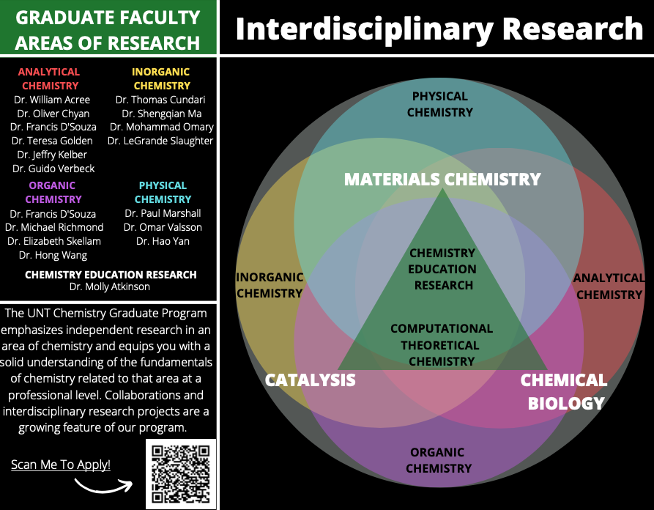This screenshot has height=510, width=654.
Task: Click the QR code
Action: [181, 473]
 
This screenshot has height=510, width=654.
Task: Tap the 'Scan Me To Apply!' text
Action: [61, 465]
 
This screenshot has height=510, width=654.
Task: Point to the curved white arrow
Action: [103, 485]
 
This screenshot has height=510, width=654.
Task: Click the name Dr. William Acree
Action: [52, 100]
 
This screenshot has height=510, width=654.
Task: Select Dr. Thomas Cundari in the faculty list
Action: [160, 100]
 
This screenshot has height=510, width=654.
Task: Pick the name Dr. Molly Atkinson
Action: [109, 287]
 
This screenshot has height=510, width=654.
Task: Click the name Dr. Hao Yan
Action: [163, 241]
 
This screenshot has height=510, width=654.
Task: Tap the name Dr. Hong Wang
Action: [53, 255]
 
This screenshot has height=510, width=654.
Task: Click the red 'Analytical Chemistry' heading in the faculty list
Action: [49, 78]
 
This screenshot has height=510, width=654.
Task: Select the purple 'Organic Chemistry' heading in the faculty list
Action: [53, 192]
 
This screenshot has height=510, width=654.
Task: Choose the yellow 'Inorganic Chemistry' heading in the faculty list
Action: [161, 78]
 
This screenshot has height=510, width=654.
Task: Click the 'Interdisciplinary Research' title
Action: [439, 29]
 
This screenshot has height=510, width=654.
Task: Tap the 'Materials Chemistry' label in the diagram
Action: [442, 180]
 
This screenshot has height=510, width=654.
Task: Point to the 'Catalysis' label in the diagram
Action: [310, 380]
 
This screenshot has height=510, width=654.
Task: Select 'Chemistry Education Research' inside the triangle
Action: [443, 269]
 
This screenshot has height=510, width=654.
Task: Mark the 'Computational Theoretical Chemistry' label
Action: [442, 345]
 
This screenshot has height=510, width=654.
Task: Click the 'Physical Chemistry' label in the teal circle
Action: [439, 104]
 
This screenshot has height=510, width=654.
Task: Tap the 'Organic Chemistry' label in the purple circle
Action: [438, 460]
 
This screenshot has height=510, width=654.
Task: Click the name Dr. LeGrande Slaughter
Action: [160, 141]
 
